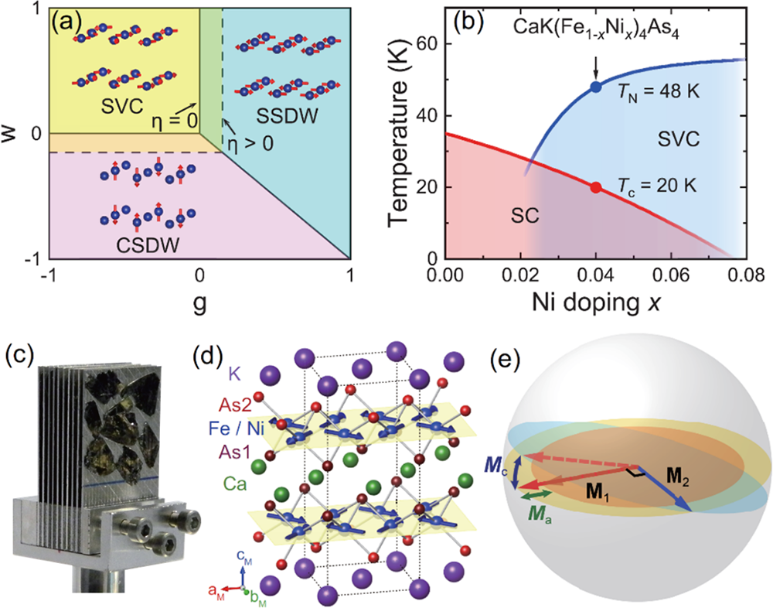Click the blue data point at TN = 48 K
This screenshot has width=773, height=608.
(x=595, y=87)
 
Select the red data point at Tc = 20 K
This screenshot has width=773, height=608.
(x=595, y=187)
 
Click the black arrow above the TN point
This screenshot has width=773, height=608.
(x=595, y=65)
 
